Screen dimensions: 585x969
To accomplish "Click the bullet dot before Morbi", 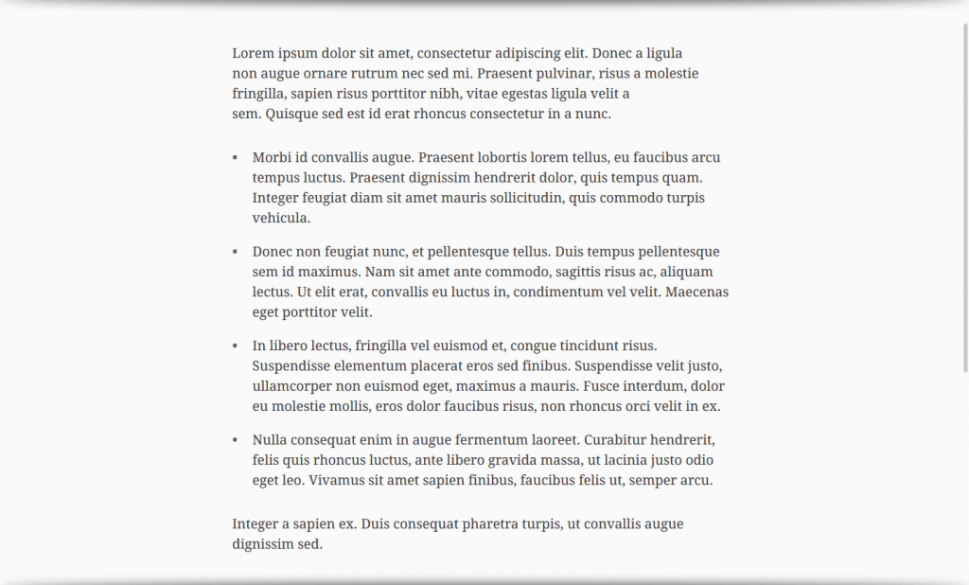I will (x=235, y=157).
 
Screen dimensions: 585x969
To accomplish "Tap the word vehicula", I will (x=281, y=218).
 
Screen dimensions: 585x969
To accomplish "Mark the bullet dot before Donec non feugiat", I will (x=235, y=252).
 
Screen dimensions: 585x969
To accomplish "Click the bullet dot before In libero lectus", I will (x=235, y=346).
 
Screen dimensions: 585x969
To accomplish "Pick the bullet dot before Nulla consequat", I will (x=235, y=440).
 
